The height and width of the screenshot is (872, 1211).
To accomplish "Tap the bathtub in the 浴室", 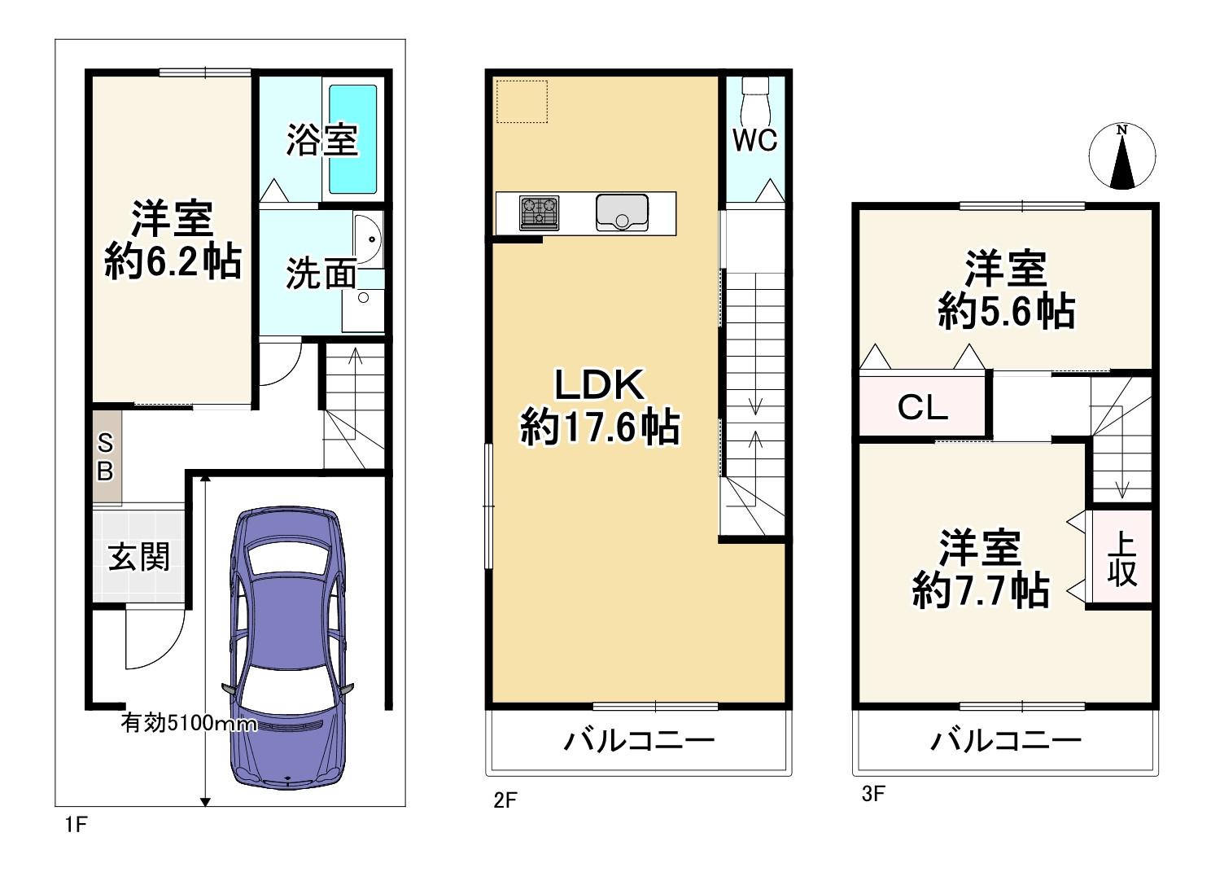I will pyautogui.click(x=352, y=139).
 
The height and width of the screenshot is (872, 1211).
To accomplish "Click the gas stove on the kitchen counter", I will pyautogui.click(x=539, y=213).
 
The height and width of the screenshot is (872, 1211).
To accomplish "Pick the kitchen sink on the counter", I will pyautogui.click(x=622, y=213).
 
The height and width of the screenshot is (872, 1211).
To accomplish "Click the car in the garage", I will pyautogui.click(x=289, y=647).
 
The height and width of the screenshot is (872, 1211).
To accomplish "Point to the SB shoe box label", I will pyautogui.click(x=106, y=458).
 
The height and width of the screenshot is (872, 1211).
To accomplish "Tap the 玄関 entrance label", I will pyautogui.click(x=139, y=558).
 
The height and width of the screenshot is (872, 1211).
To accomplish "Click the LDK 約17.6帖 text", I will pyautogui.click(x=600, y=406).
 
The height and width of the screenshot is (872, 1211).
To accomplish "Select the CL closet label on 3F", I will pyautogui.click(x=923, y=407).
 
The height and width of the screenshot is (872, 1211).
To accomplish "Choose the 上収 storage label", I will pyautogui.click(x=1121, y=559).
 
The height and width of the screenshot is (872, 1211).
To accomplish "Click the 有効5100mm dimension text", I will pyautogui.click(x=189, y=723).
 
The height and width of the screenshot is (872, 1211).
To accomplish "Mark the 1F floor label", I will pyautogui.click(x=75, y=825).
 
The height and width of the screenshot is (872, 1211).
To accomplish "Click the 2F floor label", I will pyautogui.click(x=505, y=800).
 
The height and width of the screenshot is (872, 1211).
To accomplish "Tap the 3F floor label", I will pyautogui.click(x=872, y=794).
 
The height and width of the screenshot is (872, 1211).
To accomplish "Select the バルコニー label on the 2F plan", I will pyautogui.click(x=640, y=741).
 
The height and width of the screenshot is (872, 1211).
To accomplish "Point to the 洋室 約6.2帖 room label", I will pyautogui.click(x=173, y=240).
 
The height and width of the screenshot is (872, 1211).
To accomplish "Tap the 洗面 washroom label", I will pyautogui.click(x=321, y=274).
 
